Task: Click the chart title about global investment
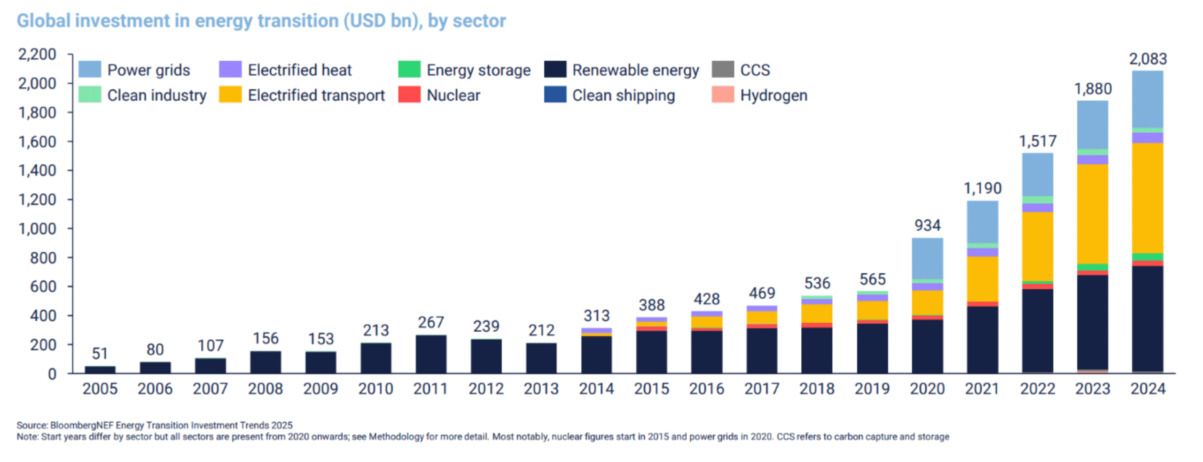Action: tap(261, 21)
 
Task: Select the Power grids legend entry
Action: tap(135, 70)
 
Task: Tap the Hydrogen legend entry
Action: tap(760, 95)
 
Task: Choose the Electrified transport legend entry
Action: tap(302, 95)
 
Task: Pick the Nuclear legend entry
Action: tap(439, 95)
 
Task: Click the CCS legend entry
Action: tap(741, 70)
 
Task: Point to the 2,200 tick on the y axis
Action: tap(37, 54)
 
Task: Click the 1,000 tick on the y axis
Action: tap(37, 229)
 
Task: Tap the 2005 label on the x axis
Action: tap(100, 389)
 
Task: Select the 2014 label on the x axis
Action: tap(596, 389)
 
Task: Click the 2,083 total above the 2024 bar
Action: tap(1148, 59)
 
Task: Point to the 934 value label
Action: tap(927, 225)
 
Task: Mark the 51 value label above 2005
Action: tap(100, 353)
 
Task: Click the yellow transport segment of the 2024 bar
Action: tap(1148, 198)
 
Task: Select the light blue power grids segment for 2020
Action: tap(927, 259)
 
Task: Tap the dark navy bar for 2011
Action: tap(431, 354)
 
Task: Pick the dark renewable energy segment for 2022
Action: tap(1037, 329)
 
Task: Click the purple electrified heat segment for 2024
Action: tap(1148, 138)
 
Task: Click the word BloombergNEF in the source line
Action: tap(82, 425)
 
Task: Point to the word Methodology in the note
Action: tap(396, 437)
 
